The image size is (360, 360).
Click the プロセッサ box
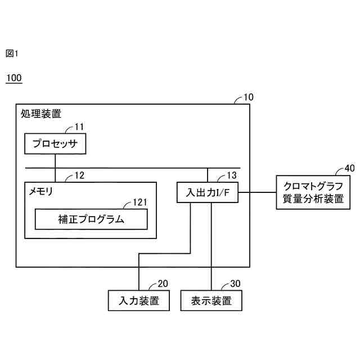tap(55, 145)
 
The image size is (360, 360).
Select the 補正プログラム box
tap(91, 219)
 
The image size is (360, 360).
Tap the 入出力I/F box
tap(208, 193)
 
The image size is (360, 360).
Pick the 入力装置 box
tap(138, 300)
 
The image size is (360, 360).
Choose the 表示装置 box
tap(211, 300)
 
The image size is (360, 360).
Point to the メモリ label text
tap(41, 191)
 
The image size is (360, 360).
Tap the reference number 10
tap(248, 97)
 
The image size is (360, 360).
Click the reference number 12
tap(79, 175)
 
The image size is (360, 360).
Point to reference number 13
tap(232, 175)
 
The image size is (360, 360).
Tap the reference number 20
tap(163, 283)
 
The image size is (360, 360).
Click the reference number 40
tap(349, 168)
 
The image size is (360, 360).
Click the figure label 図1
tap(12, 53)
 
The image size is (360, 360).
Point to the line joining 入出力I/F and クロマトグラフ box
tap(257, 193)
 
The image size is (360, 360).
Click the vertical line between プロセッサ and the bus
tap(55, 161)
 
